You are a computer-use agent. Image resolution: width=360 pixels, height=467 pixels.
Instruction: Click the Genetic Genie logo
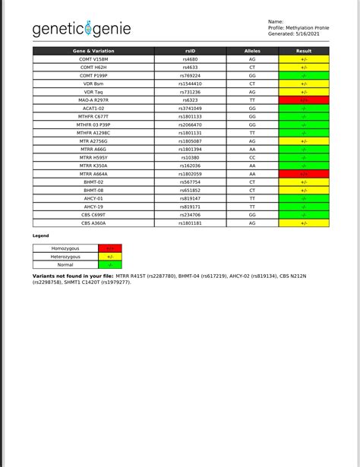click(x=81, y=29)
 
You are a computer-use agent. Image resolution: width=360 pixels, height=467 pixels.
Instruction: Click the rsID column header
click(x=191, y=51)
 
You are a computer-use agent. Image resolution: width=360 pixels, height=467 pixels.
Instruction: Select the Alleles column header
click(x=252, y=51)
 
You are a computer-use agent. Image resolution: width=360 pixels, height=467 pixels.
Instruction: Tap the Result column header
click(x=304, y=51)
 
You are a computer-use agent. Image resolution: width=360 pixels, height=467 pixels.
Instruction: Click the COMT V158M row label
click(x=94, y=58)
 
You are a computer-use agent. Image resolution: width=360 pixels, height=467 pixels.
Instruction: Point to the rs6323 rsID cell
click(x=191, y=99)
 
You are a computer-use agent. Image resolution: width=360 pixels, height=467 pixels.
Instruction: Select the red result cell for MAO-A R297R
click(x=304, y=99)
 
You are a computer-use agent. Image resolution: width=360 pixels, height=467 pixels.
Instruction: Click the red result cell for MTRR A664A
click(x=304, y=174)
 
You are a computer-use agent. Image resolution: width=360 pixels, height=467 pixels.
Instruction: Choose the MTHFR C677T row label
click(x=94, y=116)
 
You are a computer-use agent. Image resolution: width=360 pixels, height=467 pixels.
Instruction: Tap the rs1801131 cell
click(x=191, y=133)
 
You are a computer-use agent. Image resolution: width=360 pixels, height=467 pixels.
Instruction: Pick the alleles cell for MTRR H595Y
click(x=252, y=157)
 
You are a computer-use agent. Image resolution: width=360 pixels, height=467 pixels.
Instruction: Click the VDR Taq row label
click(x=94, y=92)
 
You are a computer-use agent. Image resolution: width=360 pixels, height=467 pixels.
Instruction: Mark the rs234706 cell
click(x=191, y=215)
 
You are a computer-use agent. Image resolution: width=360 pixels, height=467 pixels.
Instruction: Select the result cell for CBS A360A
click(x=304, y=223)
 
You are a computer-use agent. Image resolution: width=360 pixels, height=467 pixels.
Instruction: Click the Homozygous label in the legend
click(x=65, y=248)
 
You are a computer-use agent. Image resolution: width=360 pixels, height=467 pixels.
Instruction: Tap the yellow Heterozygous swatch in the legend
click(x=110, y=257)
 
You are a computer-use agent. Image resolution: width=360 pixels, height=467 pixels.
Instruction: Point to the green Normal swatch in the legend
click(x=110, y=264)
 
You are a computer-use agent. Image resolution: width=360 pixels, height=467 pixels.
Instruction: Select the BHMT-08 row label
click(x=94, y=191)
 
